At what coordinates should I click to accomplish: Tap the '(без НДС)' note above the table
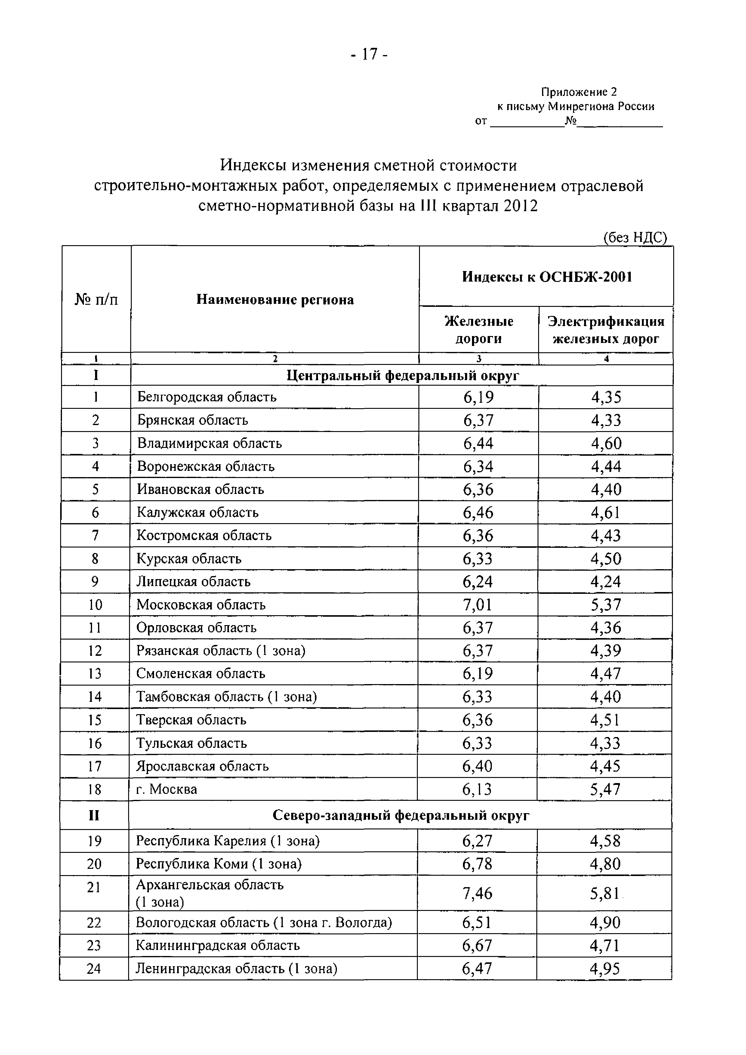(x=635, y=237)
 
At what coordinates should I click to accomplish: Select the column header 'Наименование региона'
(x=275, y=300)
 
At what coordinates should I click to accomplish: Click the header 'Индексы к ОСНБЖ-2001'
(x=547, y=277)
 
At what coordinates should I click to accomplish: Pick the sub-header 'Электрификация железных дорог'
(x=606, y=330)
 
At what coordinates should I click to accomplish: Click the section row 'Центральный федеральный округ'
(x=402, y=375)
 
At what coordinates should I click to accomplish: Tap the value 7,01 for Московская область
(x=477, y=605)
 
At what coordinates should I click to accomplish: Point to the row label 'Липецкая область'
(x=193, y=582)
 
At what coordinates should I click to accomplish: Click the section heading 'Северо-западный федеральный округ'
(x=401, y=816)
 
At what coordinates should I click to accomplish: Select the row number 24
(x=94, y=969)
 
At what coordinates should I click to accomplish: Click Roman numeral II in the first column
(x=94, y=816)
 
